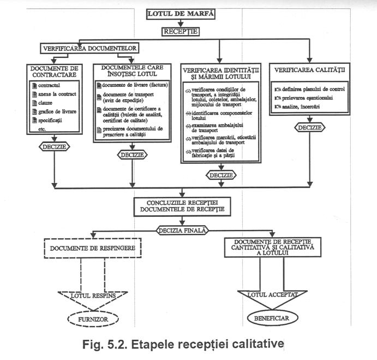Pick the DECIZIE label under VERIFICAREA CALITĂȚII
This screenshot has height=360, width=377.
tap(310, 127)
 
